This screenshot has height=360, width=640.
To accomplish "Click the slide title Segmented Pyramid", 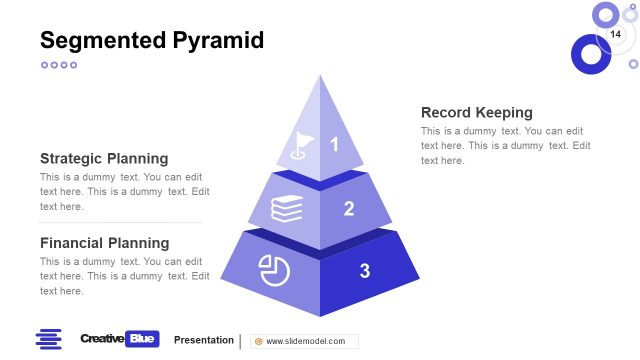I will click(x=152, y=40).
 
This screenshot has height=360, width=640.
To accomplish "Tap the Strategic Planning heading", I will click(x=104, y=158).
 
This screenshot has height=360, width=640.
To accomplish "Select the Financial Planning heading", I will click(x=104, y=243).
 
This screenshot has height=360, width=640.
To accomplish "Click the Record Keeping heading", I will click(x=476, y=112).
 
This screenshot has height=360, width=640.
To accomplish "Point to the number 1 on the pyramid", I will click(x=335, y=145).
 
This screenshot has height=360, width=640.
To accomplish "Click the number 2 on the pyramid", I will click(x=349, y=208).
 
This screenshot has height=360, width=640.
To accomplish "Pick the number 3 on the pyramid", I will click(x=365, y=270).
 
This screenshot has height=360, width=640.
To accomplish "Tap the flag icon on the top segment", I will click(x=300, y=146).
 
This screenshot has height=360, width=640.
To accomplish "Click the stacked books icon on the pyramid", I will click(x=287, y=208).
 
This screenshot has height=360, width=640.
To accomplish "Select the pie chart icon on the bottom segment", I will click(x=273, y=270).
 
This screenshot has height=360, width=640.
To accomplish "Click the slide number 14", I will click(x=615, y=36).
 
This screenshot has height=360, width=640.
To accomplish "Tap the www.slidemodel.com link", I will click(x=305, y=341).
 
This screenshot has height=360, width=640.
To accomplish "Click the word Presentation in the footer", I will click(x=204, y=340).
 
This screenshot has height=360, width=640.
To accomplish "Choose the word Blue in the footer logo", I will click(x=143, y=339).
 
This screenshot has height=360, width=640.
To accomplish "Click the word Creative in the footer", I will click(x=102, y=339).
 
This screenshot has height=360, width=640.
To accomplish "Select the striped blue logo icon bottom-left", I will click(x=49, y=339).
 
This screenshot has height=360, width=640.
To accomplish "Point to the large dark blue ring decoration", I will click(x=590, y=54).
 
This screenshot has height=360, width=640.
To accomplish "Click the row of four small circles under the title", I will click(x=58, y=65).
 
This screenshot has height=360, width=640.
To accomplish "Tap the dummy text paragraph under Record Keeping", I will click(x=505, y=146).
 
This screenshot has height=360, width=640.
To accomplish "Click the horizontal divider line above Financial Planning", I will click(x=120, y=222).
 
